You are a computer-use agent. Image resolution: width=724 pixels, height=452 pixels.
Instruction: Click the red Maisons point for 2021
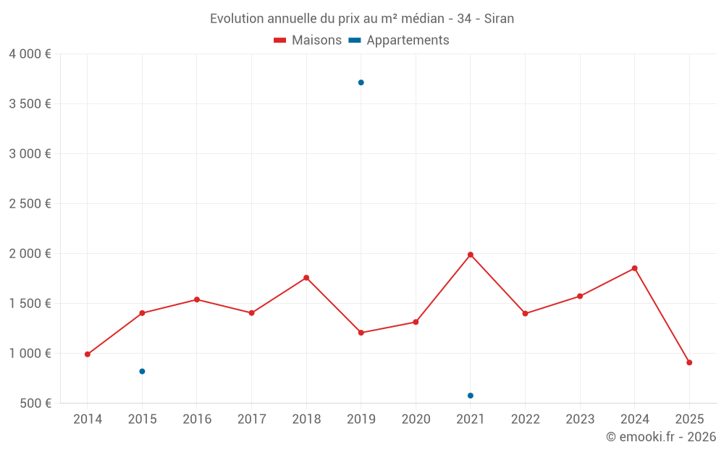471,255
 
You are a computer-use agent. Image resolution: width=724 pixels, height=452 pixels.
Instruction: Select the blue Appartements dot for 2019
361,82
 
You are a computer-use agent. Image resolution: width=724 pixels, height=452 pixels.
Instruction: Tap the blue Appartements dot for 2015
142,371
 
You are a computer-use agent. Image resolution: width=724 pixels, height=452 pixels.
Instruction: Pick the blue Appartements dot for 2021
471,396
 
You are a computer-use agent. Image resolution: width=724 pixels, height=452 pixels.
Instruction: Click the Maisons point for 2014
88,354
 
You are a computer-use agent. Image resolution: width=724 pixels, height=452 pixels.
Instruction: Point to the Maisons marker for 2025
689,362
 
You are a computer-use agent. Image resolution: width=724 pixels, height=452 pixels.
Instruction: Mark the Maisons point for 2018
306,278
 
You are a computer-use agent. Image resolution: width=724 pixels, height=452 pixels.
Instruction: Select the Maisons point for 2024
634,268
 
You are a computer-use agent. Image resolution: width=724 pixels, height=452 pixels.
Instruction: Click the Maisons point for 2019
361,333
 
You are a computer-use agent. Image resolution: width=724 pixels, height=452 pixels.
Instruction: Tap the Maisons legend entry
308,40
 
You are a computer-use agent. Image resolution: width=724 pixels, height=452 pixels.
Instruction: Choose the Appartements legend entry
399,40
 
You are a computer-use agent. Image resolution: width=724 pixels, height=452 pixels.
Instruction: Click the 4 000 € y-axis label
30,54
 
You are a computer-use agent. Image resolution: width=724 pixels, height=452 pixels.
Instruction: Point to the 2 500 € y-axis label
30,203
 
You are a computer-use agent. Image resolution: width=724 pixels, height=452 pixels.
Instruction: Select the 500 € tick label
34,403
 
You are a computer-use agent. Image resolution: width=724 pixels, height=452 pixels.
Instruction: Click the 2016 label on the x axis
197,419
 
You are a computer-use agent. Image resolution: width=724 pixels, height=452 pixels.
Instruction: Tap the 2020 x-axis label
416,419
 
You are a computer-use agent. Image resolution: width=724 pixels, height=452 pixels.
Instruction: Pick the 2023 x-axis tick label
580,419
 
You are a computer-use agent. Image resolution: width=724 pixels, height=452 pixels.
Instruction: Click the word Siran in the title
499,19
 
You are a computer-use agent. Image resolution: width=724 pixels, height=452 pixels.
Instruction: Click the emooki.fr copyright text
660,437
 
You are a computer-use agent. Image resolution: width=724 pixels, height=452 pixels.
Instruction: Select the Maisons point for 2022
525,314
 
